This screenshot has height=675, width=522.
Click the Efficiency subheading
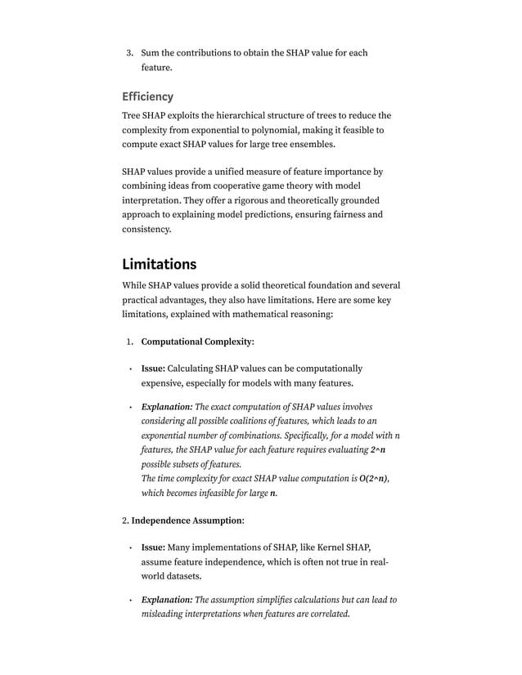(x=147, y=96)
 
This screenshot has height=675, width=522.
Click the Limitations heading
(x=159, y=264)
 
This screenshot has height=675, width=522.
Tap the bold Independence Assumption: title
(x=187, y=520)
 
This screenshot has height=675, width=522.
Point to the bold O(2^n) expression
(x=373, y=478)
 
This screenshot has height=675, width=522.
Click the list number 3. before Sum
(x=129, y=53)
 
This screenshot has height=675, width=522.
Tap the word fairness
(x=362, y=215)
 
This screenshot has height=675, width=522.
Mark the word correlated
(x=326, y=614)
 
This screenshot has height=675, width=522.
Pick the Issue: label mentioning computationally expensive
(x=153, y=369)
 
